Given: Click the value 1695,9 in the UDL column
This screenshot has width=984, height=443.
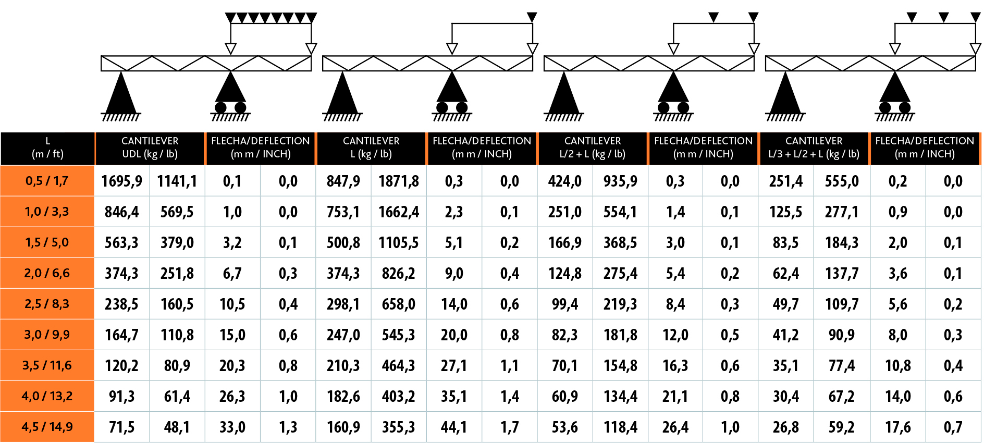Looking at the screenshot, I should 121,181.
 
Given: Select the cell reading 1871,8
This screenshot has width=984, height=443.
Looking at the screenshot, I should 399,181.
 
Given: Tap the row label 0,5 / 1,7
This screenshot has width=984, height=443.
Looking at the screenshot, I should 47,181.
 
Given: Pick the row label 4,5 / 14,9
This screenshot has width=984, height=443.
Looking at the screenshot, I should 47,427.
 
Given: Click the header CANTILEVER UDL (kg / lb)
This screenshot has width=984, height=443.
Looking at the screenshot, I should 150,148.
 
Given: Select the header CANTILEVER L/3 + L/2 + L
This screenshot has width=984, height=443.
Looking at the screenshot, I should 814,148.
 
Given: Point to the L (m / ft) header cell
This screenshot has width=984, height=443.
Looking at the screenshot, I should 47,148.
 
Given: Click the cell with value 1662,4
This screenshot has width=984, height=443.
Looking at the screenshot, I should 399,212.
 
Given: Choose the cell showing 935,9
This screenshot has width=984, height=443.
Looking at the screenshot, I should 620,181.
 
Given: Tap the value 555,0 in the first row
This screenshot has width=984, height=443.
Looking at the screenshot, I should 842,181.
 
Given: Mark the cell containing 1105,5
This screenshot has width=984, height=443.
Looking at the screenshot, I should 399,243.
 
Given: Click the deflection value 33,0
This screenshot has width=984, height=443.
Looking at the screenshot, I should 232,427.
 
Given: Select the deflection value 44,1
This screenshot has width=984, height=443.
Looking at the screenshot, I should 454,427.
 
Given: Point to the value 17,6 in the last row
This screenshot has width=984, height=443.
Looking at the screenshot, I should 897,427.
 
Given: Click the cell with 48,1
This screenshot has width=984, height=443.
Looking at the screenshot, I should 177,427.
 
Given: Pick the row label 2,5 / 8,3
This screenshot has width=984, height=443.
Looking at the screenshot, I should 47,304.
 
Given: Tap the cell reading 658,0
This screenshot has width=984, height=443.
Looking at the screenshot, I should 399,304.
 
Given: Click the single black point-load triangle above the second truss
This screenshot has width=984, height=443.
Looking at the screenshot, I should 532,18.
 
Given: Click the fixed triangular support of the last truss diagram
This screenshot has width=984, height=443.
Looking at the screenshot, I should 785,94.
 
